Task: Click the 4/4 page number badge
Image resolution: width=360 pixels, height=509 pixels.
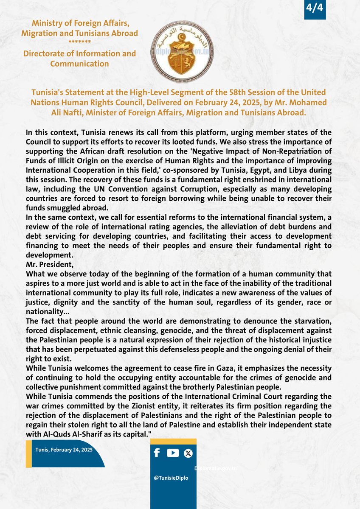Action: click(315, 9)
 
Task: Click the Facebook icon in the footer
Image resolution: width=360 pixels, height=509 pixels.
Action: click(157, 453)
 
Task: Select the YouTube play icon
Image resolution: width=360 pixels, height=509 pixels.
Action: click(173, 453)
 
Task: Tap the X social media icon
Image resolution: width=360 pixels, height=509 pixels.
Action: click(188, 453)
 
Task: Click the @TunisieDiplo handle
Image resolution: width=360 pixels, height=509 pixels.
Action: click(172, 477)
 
